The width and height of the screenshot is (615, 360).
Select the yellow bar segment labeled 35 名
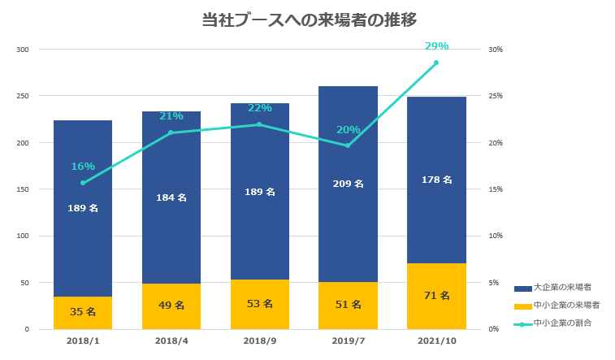point(83,313)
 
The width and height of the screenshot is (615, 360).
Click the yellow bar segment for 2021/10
point(436,297)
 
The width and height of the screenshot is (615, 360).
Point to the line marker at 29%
point(436,63)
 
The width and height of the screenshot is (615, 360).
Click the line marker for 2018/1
point(83,183)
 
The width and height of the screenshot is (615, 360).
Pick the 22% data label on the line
point(259,108)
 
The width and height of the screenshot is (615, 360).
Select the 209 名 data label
point(348,184)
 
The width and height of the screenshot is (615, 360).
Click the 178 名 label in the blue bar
point(436,180)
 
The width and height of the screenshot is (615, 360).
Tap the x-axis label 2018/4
point(171,342)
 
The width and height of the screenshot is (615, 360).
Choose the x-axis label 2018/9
point(259,342)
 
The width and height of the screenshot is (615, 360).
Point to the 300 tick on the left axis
point(23,50)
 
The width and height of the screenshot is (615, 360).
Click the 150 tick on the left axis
point(23,189)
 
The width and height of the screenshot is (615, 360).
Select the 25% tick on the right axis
point(495,96)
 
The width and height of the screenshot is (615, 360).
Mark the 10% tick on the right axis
point(495,236)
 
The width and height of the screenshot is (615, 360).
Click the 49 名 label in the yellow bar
point(171,306)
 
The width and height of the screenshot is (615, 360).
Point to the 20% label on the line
point(348,130)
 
